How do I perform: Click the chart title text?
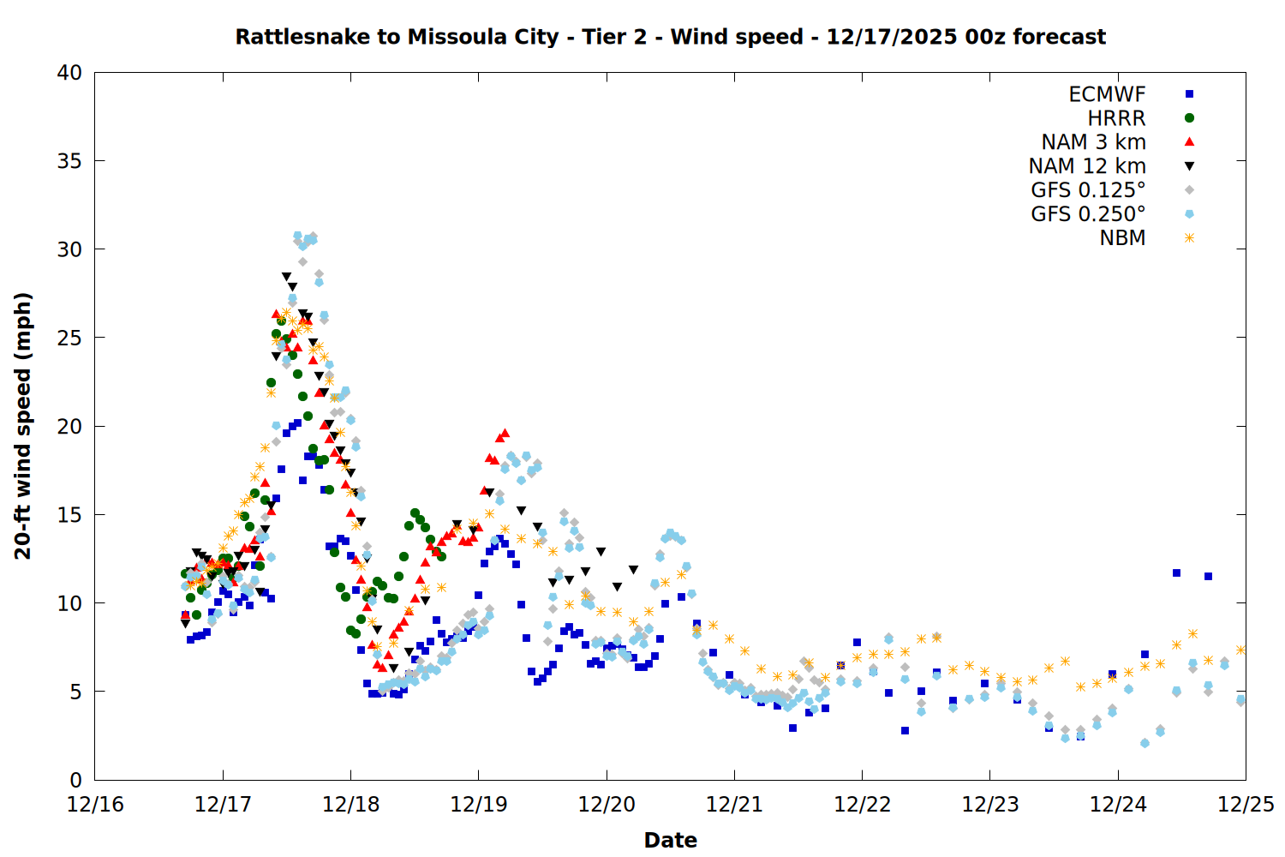tap(670, 37)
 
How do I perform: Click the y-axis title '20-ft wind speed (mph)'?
tap(23, 426)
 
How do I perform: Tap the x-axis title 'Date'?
tap(670, 840)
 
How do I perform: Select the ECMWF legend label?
tap(1107, 94)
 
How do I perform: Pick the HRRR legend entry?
tap(1116, 118)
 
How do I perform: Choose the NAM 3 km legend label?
tap(1093, 142)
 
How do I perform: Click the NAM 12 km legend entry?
tap(1087, 166)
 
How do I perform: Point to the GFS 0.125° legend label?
tap(1088, 190)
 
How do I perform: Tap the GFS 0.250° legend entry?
tap(1088, 214)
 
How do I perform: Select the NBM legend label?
tap(1122, 238)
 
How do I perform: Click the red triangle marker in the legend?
tap(1189, 142)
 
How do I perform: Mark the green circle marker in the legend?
tap(1189, 118)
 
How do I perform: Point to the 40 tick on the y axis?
tap(69, 73)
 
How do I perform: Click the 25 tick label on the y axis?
tap(69, 338)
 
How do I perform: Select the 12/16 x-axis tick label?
tap(95, 805)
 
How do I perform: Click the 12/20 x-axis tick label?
tap(607, 805)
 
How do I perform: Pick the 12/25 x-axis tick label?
tap(1246, 805)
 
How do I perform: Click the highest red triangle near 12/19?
tap(505, 433)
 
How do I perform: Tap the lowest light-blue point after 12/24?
tap(1145, 743)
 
